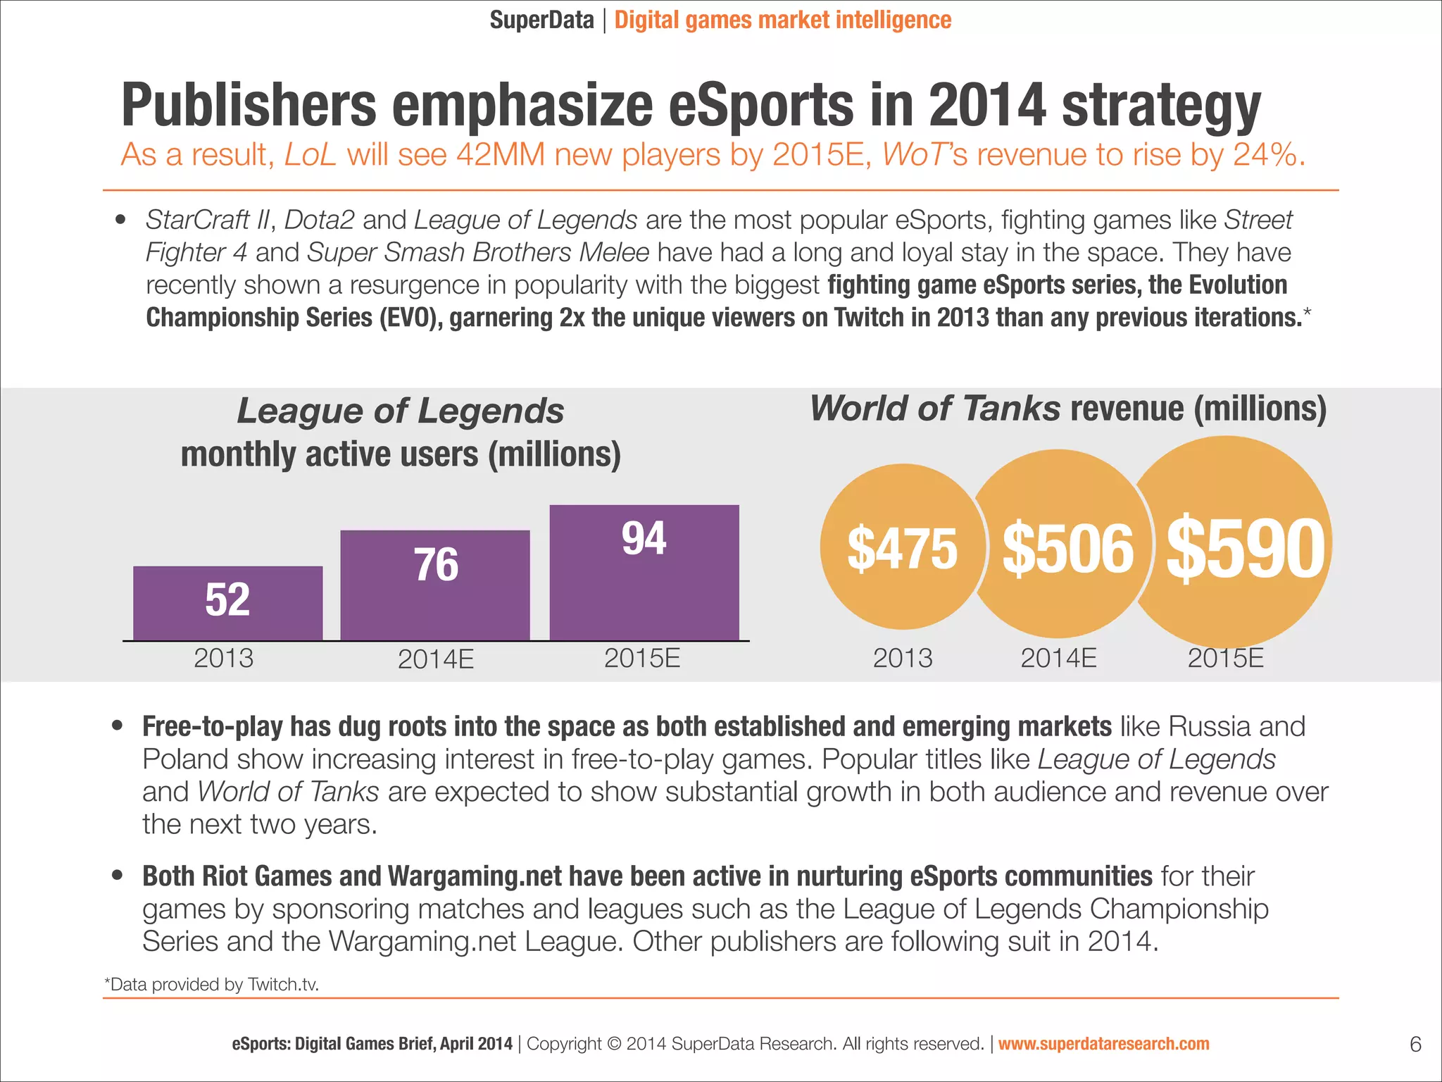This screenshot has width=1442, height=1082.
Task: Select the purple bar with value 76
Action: [x=435, y=585]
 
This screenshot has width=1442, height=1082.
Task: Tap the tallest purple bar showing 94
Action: [x=644, y=572]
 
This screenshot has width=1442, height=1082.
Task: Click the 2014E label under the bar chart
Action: [x=435, y=659]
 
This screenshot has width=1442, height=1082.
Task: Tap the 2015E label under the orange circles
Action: [x=1225, y=658]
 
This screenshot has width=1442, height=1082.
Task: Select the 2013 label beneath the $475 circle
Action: [x=902, y=658]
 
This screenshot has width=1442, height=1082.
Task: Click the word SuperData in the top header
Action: [x=541, y=20]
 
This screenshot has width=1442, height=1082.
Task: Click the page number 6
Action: [x=1415, y=1044]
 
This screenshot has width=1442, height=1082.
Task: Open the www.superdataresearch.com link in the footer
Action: [x=1103, y=1044]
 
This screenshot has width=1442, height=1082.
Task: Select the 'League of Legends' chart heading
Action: [x=400, y=411]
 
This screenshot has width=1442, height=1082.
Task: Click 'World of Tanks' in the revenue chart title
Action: [x=934, y=409]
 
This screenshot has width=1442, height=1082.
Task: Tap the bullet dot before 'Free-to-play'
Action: [x=118, y=726]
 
